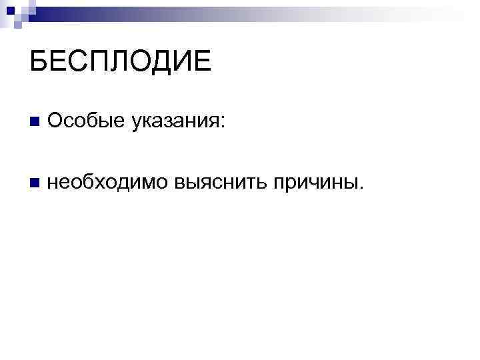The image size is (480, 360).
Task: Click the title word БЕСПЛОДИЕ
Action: click(120, 62)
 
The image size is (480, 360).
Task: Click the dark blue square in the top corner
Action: click(11, 8)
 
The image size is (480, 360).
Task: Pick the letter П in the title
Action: click(99, 62)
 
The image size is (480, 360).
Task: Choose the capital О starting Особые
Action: click(56, 121)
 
